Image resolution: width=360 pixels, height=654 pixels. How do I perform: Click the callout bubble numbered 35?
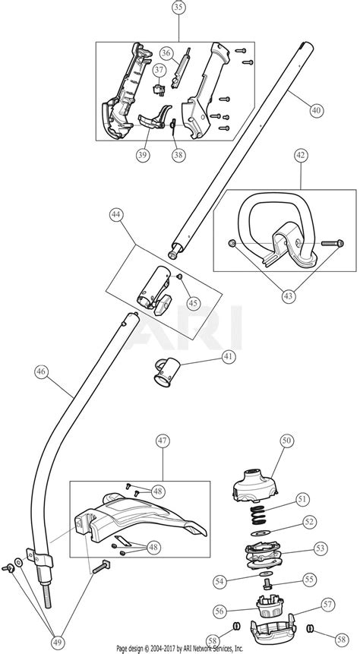[x=179, y=10]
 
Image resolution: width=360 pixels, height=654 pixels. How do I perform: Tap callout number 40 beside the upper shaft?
[x=316, y=110]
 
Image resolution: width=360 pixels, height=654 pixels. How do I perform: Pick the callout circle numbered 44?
[x=115, y=216]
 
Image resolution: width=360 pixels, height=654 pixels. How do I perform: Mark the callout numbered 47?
[x=163, y=441]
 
